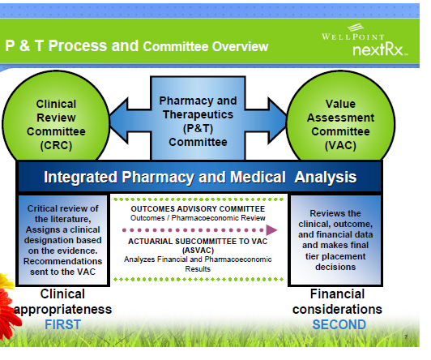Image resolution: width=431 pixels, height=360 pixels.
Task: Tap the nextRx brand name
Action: tap(380, 51)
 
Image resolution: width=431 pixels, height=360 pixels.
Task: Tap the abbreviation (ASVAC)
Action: tap(198, 251)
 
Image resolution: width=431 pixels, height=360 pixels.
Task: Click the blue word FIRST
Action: tap(62, 324)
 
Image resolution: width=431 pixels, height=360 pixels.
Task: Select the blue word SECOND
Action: tap(339, 324)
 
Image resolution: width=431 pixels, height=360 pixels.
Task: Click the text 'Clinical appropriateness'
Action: tap(62, 302)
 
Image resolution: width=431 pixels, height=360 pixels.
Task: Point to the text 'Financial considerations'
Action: tap(339, 302)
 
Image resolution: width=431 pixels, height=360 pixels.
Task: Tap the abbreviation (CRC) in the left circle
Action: tap(56, 145)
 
